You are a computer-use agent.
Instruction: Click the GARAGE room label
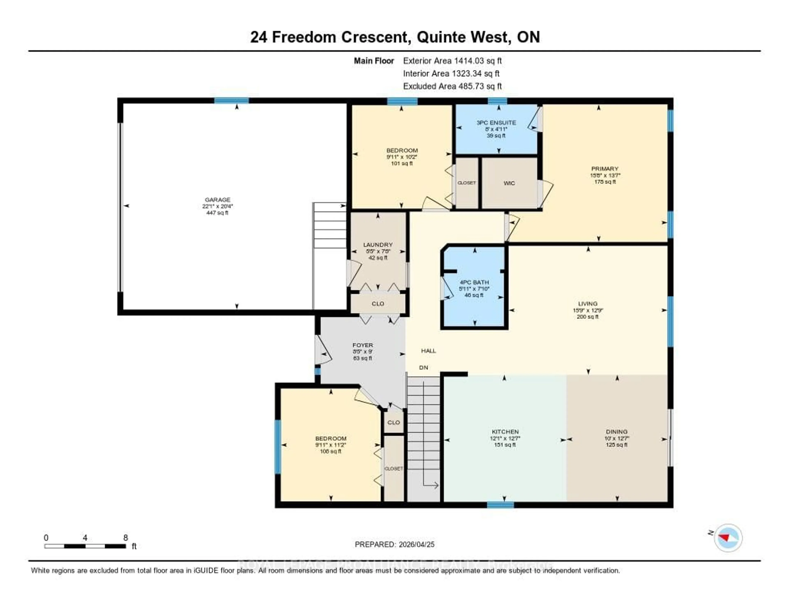(217, 199)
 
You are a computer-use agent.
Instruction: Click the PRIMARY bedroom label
(605, 168)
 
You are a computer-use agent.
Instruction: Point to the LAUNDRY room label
(378, 245)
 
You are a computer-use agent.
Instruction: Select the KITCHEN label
(505, 432)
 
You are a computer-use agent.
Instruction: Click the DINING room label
(617, 432)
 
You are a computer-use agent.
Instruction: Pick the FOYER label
(363, 345)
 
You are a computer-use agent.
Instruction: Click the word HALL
(428, 351)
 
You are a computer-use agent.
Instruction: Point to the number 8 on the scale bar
(126, 538)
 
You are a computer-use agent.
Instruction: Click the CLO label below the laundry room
(378, 304)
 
